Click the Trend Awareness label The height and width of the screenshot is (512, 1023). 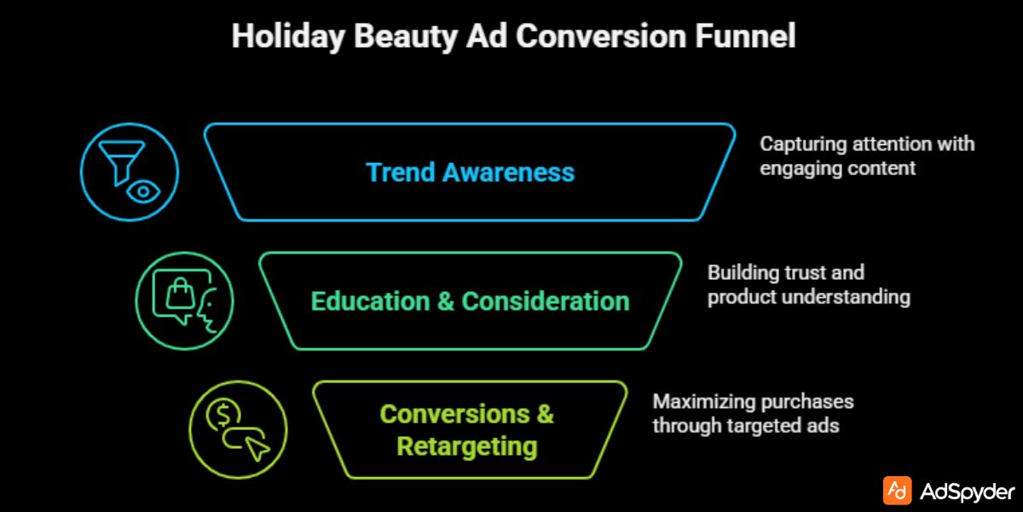470,172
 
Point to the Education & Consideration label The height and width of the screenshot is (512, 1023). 470,301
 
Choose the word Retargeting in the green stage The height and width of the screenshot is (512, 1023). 467,446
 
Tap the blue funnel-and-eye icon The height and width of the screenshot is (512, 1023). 129,172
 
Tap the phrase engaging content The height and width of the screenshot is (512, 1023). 837,168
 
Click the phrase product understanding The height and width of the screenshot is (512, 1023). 808,297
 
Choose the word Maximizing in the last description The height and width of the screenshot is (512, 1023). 705,401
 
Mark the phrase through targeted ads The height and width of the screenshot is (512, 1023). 746,425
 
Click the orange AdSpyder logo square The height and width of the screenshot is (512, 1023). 897,491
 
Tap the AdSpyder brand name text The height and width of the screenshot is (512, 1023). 968,492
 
